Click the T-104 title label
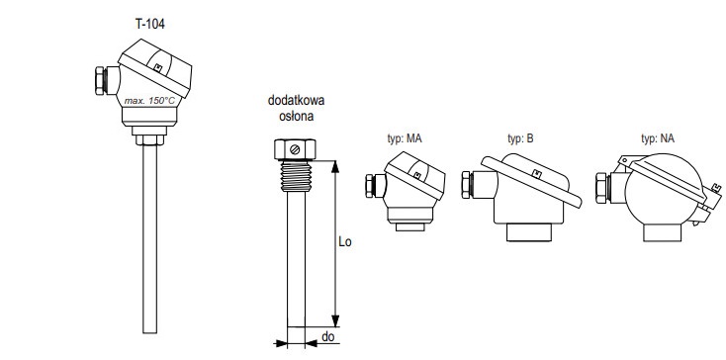point(149,24)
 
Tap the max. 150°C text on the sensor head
point(150,101)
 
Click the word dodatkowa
point(297,101)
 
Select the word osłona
point(297,116)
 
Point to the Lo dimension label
point(345,241)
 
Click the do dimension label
point(327,337)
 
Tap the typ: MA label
point(405,138)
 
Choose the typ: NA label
point(658,138)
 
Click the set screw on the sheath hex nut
point(295,149)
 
